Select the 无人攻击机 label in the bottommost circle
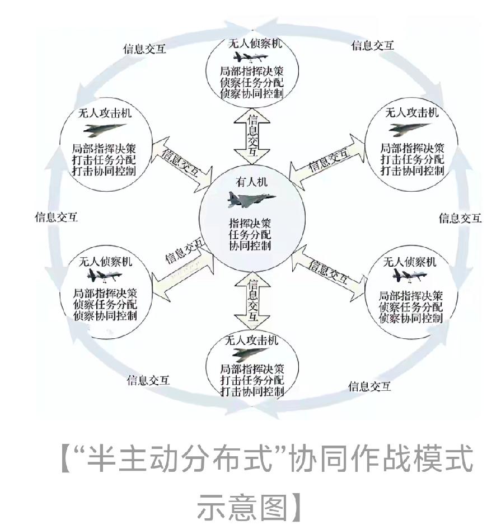[x=251, y=340]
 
